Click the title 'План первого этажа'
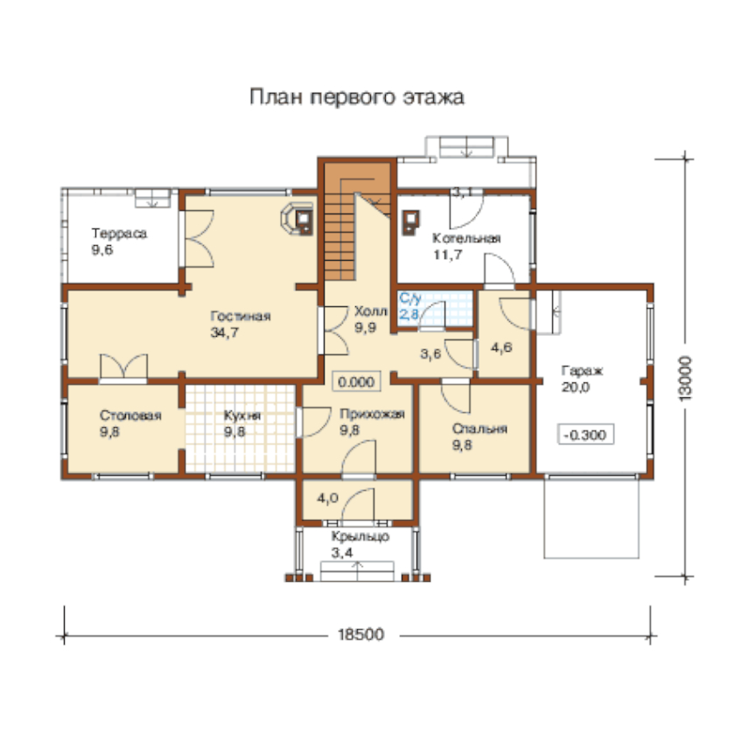357,97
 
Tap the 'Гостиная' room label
241,316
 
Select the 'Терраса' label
119,233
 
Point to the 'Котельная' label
466,238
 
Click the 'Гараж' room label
582,371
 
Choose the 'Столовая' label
130,416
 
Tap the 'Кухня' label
242,416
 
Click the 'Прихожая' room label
372,414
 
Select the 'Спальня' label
479,429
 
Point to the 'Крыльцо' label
360,536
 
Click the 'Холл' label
371,311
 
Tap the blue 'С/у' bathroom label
410,298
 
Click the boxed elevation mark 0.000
356,381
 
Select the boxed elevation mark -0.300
585,435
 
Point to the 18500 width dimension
360,634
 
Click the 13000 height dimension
685,378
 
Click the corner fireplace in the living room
297,219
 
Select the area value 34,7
225,332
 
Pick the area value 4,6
501,348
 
